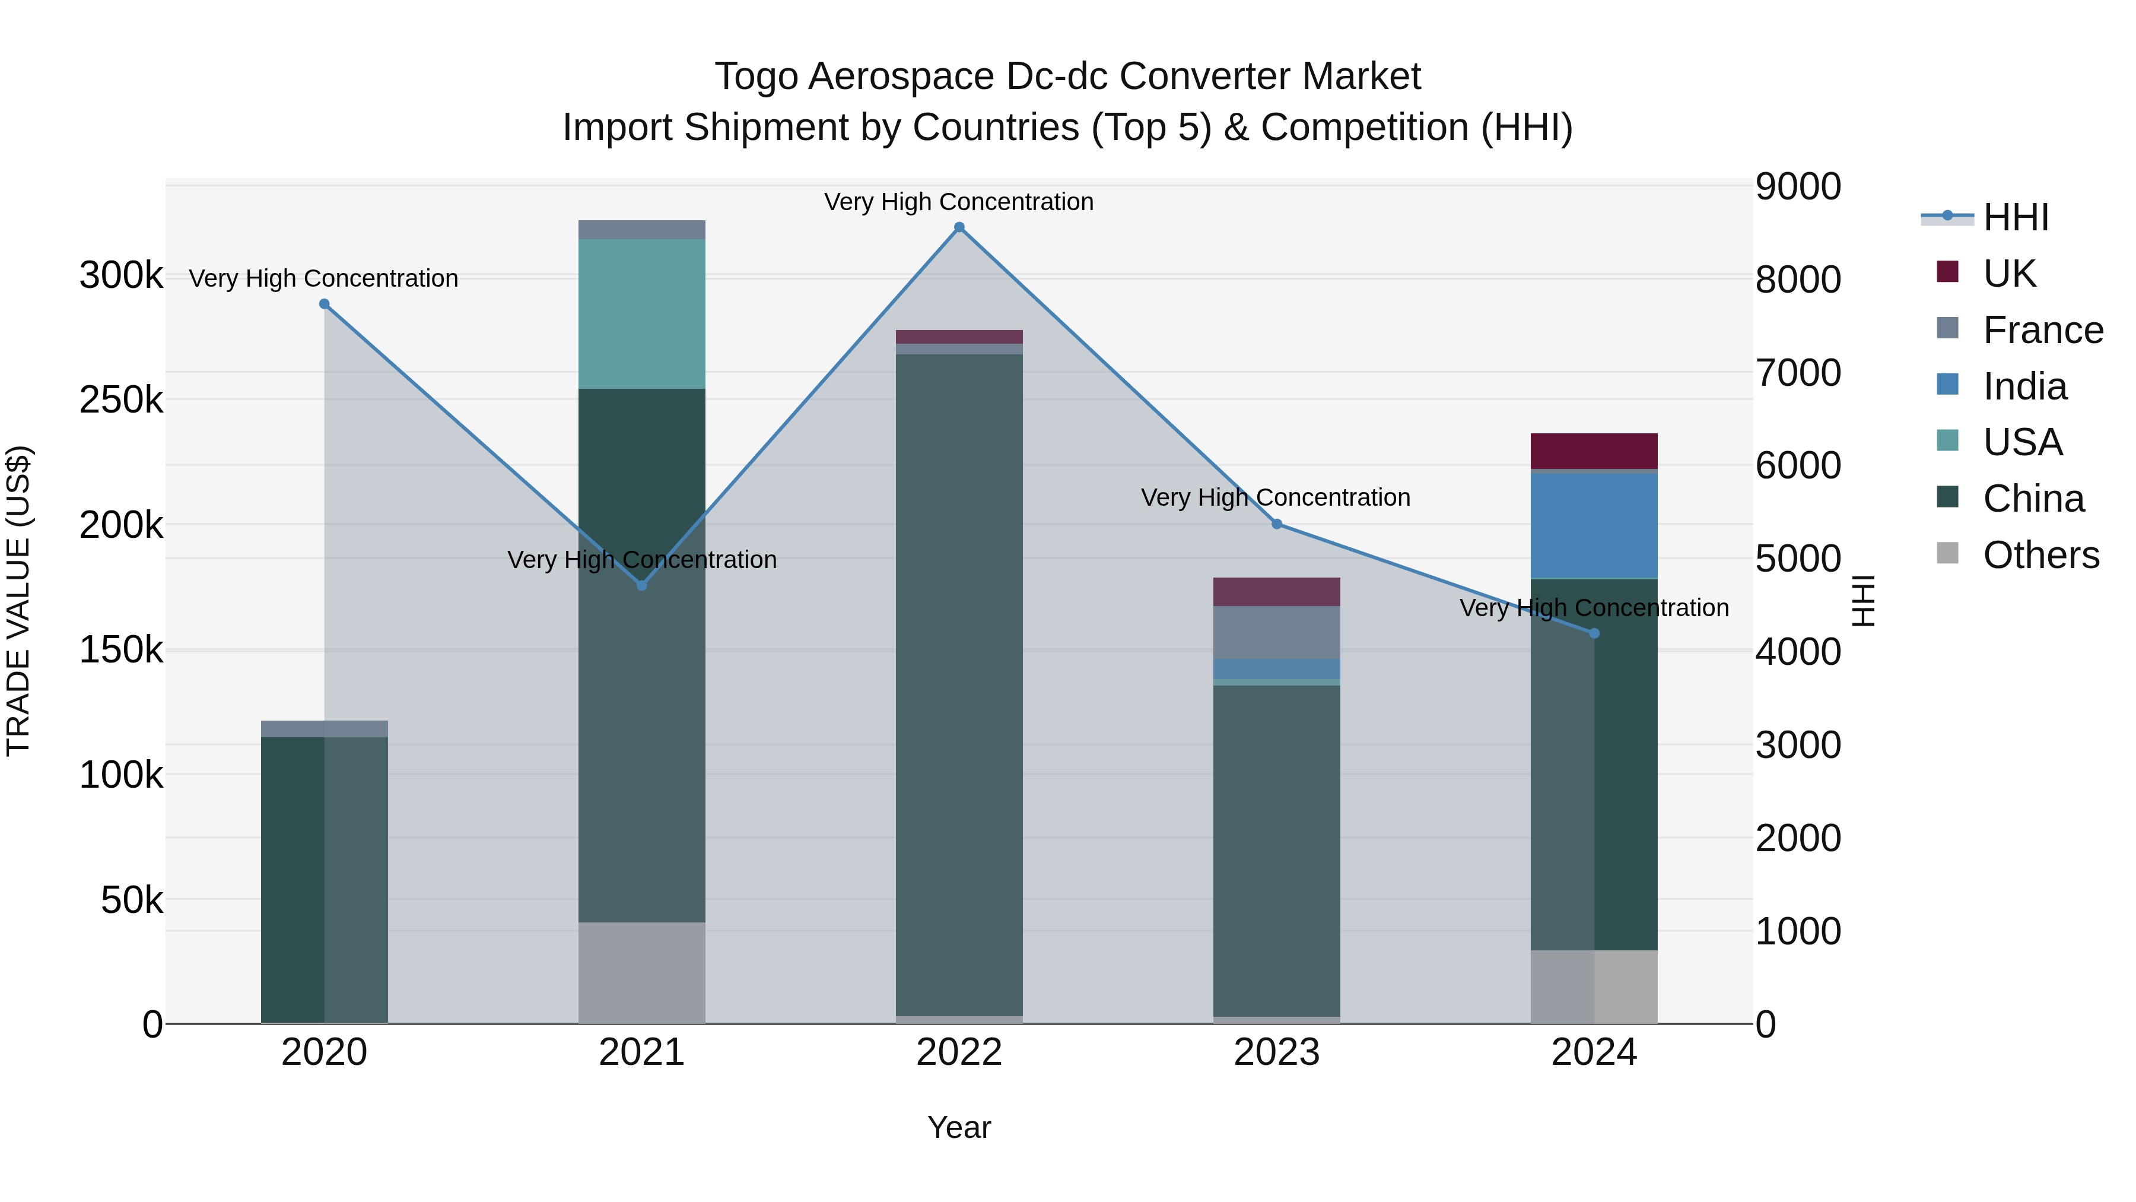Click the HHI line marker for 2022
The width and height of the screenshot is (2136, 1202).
[x=959, y=227]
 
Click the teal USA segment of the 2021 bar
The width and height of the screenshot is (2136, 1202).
[x=642, y=313]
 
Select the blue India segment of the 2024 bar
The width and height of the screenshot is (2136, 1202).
[x=1594, y=525]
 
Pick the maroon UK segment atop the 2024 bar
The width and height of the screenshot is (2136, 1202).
[x=1594, y=451]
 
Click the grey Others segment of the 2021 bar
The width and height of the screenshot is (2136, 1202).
[x=642, y=972]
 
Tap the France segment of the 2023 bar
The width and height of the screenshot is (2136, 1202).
[x=1277, y=632]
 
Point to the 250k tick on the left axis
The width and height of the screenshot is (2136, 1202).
[x=121, y=401]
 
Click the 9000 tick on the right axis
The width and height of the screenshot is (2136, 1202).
[x=1798, y=186]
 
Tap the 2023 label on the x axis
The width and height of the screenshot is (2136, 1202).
[x=1277, y=1052]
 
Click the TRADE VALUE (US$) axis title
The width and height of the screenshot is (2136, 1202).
[x=18, y=601]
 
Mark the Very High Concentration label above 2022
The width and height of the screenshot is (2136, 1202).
[x=959, y=202]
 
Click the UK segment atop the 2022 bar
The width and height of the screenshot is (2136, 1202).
[x=959, y=337]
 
